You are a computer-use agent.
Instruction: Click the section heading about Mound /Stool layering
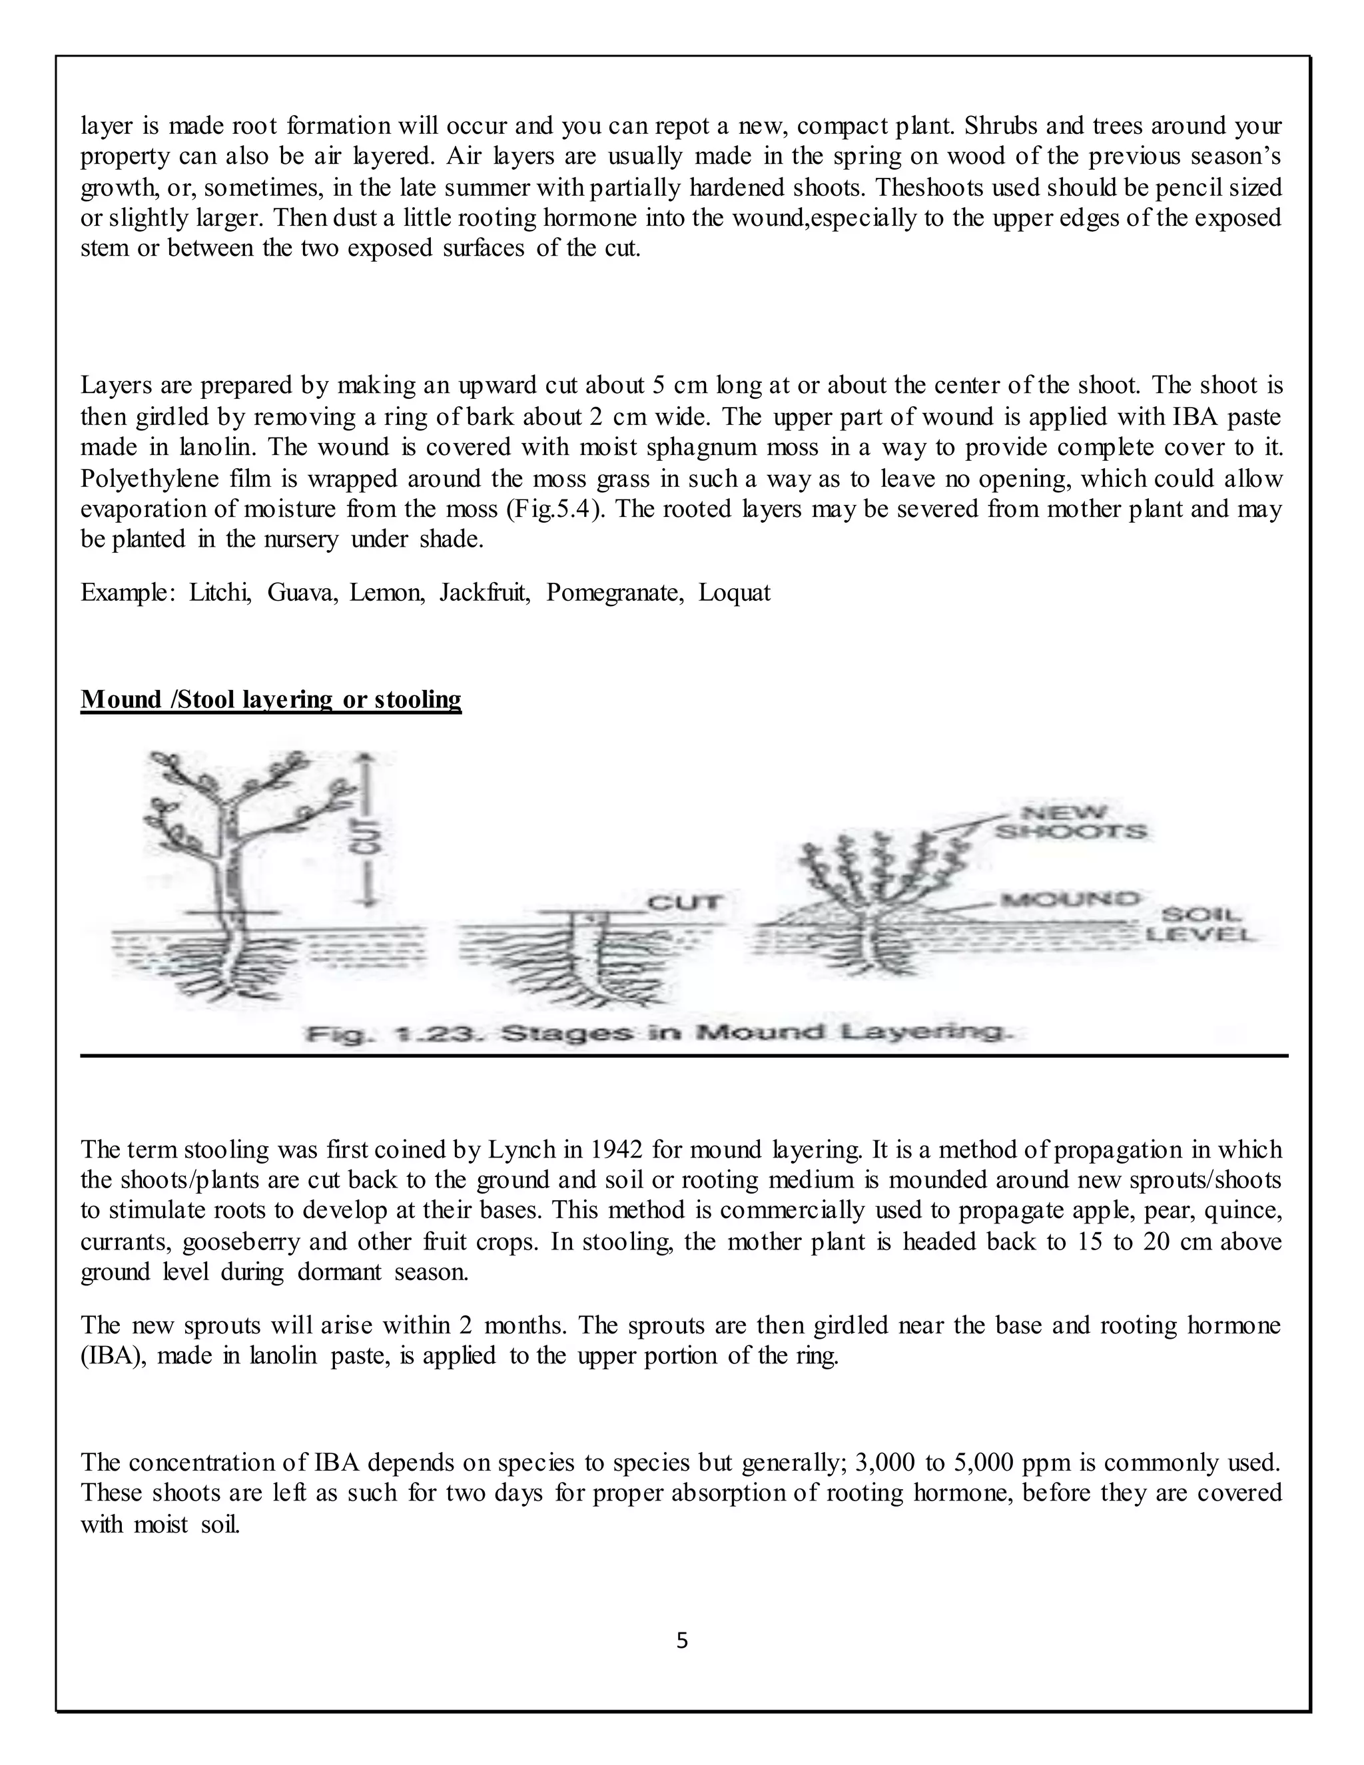point(270,699)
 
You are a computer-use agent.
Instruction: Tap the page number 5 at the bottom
point(682,1640)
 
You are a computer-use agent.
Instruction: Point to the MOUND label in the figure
point(1068,899)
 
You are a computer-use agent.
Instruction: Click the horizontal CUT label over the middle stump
point(685,902)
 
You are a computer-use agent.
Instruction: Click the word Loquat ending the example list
point(735,592)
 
